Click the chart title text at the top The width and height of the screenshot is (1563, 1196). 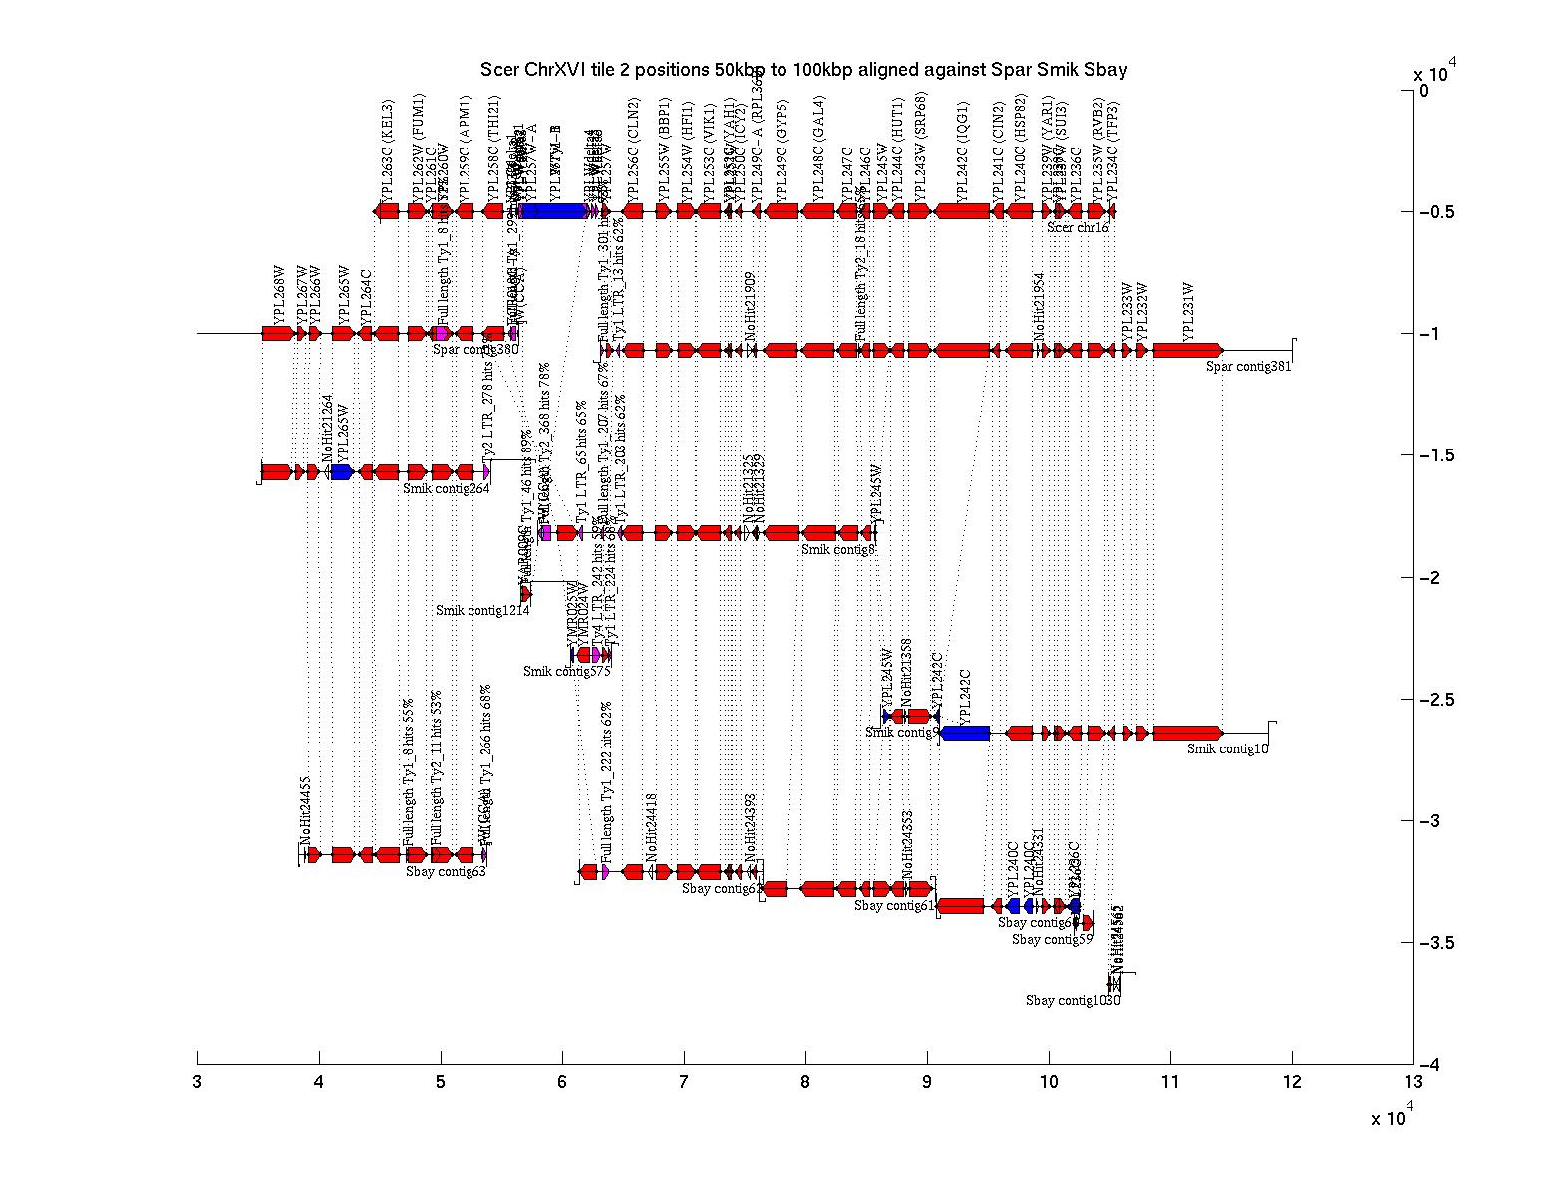tap(803, 70)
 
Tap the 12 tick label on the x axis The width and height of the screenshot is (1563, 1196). tap(1291, 1081)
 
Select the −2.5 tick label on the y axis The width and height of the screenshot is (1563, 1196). tap(1435, 700)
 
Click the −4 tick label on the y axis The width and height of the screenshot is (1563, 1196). tap(1432, 1065)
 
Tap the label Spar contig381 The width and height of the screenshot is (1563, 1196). tap(1248, 367)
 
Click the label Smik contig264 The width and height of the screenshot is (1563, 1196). tap(446, 488)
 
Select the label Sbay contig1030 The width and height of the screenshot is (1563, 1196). tap(1073, 1000)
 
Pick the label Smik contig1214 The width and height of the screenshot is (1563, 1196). tap(482, 610)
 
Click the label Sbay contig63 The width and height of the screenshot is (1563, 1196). tap(446, 871)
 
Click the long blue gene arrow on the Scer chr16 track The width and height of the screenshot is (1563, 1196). tap(553, 211)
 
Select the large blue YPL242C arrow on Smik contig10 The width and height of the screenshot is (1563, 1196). tap(965, 734)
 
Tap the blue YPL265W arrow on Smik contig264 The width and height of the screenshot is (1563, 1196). tap(342, 472)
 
